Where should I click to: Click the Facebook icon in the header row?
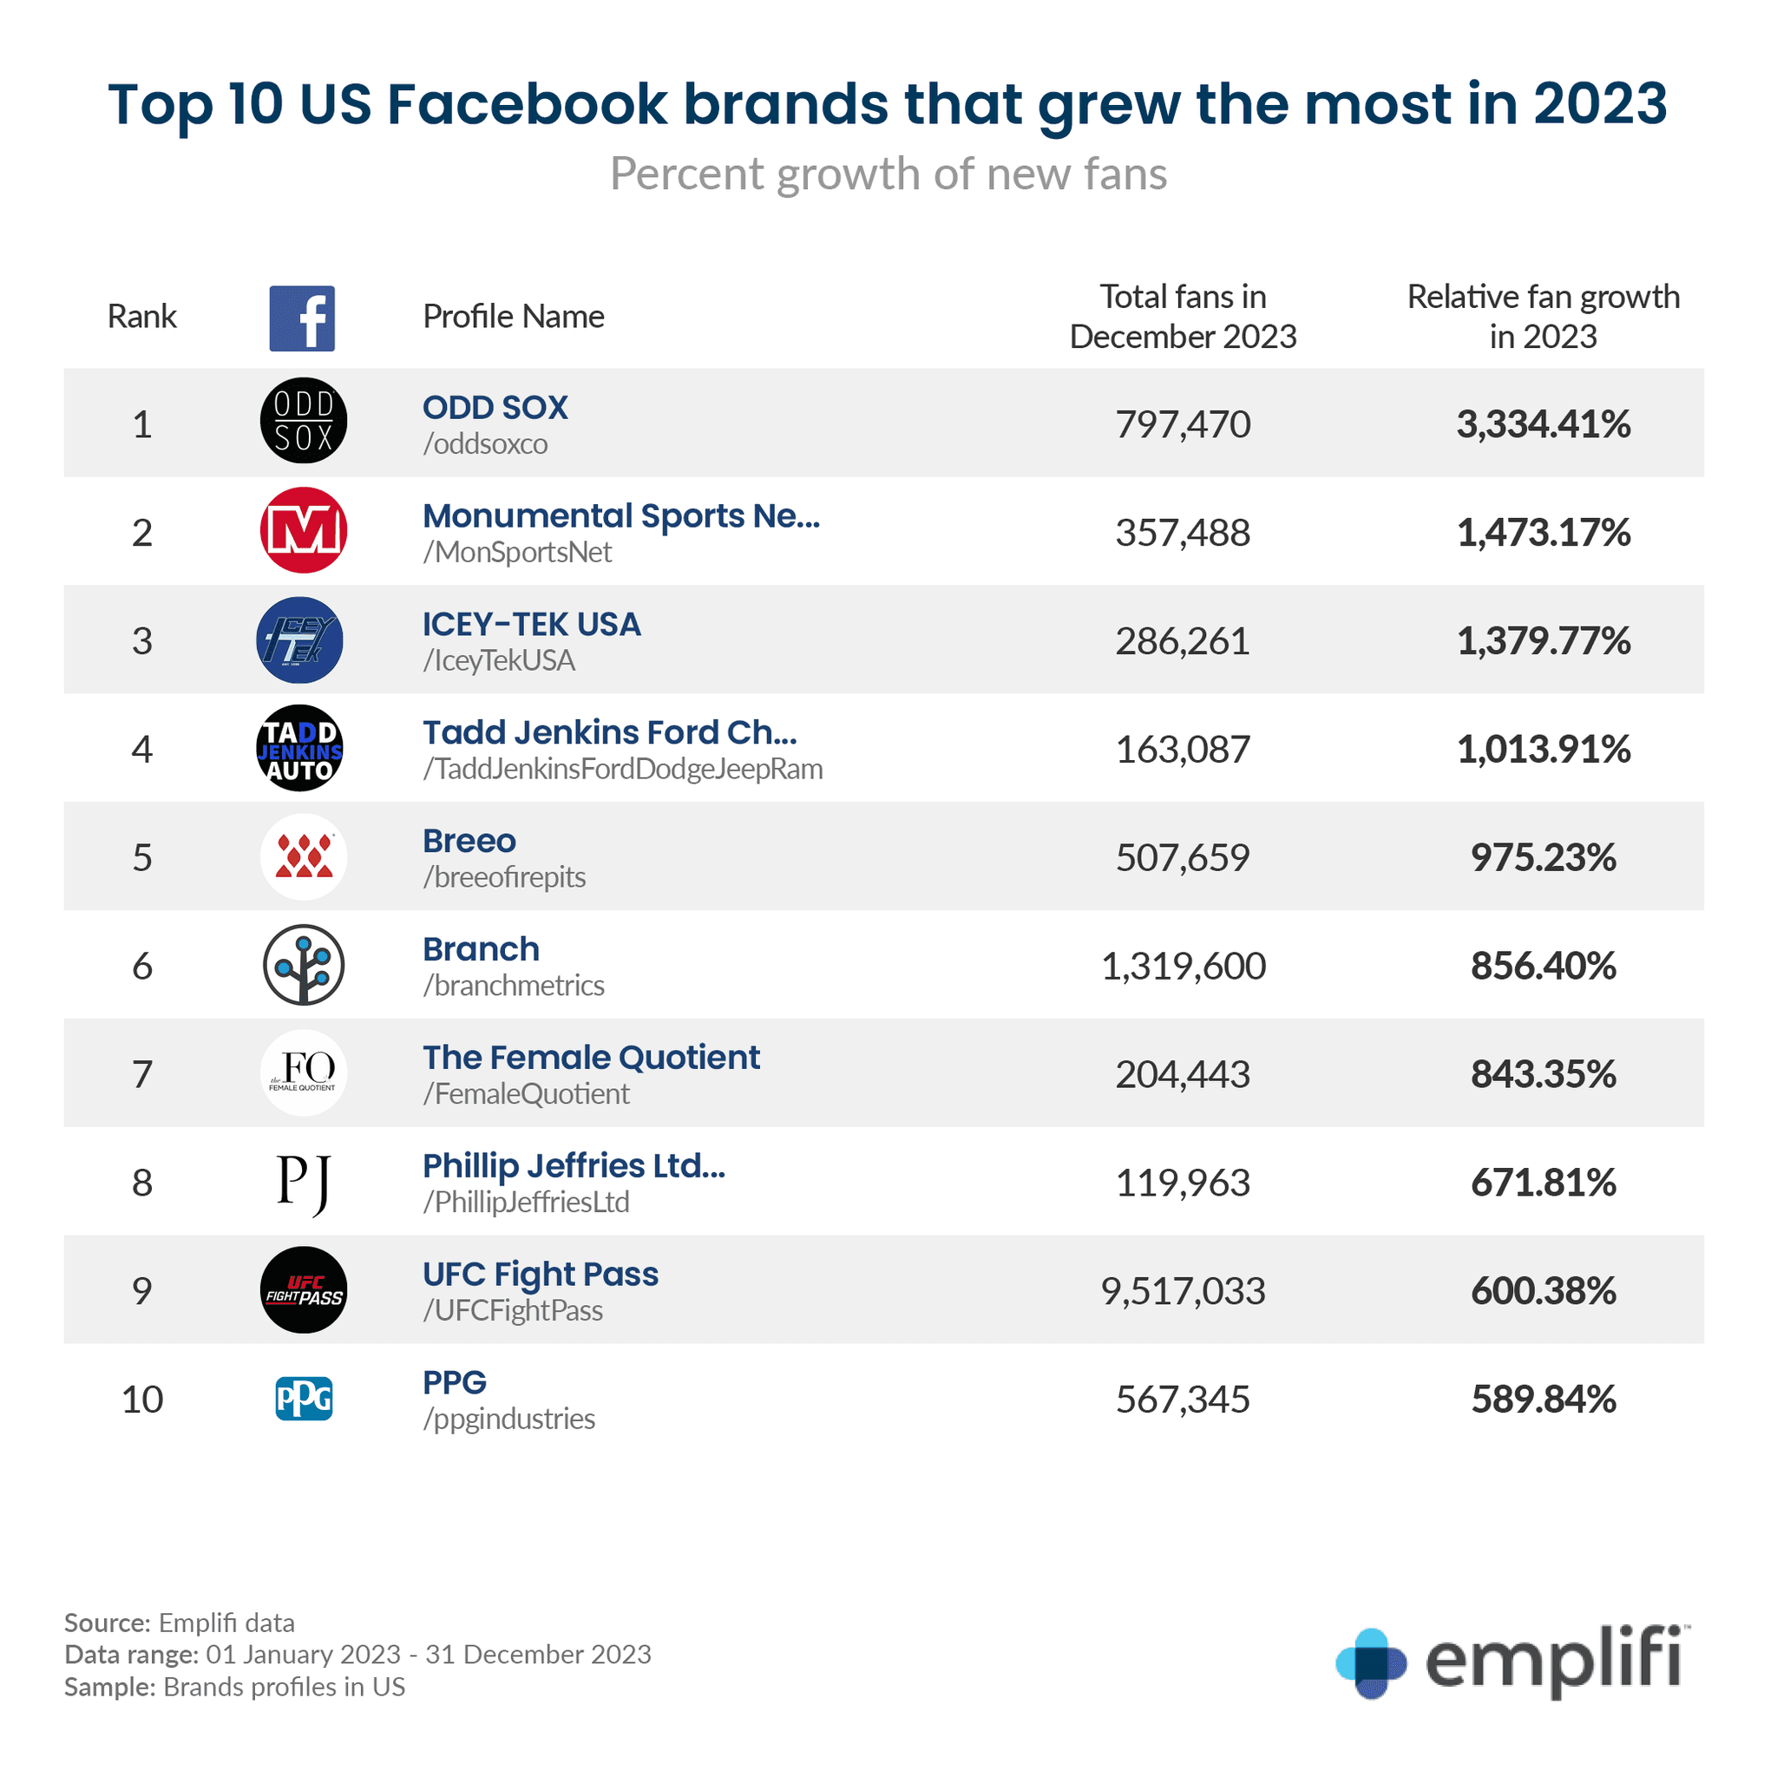[302, 318]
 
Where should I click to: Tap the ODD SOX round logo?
[304, 420]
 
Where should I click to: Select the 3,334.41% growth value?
[1543, 424]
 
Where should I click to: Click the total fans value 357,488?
[1183, 533]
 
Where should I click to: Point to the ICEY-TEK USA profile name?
[531, 625]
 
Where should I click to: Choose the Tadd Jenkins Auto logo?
[300, 749]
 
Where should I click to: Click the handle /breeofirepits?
[504, 877]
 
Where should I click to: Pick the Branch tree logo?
[304, 965]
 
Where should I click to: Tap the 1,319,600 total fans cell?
[1183, 966]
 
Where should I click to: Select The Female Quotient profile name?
[591, 1058]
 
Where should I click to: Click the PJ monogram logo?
[304, 1183]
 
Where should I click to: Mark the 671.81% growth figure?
[1543, 1183]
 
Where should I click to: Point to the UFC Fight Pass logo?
[304, 1289]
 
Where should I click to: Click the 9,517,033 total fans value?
[1183, 1291]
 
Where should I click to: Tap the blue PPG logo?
[304, 1398]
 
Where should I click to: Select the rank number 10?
[142, 1399]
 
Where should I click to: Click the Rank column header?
[141, 317]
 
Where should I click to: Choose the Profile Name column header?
[514, 317]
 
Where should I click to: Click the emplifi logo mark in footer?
[1370, 1663]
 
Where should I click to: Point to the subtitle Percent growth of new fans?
[888, 174]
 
